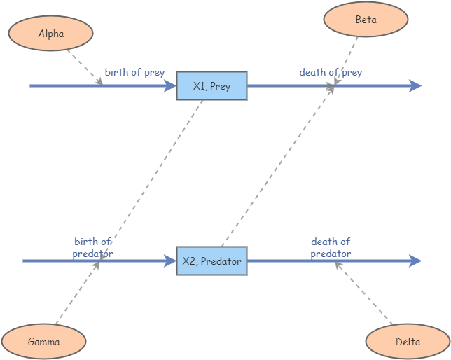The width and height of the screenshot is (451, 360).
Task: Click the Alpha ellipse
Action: click(50, 34)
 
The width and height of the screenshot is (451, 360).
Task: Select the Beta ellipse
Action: click(366, 20)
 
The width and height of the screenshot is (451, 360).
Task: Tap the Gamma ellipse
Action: click(43, 342)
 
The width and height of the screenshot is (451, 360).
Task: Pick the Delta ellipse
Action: click(408, 342)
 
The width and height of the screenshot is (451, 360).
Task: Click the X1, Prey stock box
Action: click(211, 86)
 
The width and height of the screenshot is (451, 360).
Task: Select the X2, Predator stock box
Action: click(211, 261)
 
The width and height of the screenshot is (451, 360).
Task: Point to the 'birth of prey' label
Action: click(134, 72)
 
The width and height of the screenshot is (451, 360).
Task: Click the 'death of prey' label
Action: click(331, 72)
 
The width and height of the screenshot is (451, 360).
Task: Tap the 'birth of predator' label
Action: click(92, 248)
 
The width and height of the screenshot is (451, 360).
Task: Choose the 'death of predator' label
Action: click(331, 248)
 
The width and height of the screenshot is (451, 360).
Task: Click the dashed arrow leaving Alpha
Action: click(84, 67)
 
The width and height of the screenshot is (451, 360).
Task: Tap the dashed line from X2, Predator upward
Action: click(277, 168)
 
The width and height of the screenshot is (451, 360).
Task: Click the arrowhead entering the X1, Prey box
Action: click(170, 86)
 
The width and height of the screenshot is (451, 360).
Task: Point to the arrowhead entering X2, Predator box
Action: click(170, 261)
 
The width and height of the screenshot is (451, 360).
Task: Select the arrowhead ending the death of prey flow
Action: click(415, 86)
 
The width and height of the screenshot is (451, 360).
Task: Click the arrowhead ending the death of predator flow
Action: click(415, 261)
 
